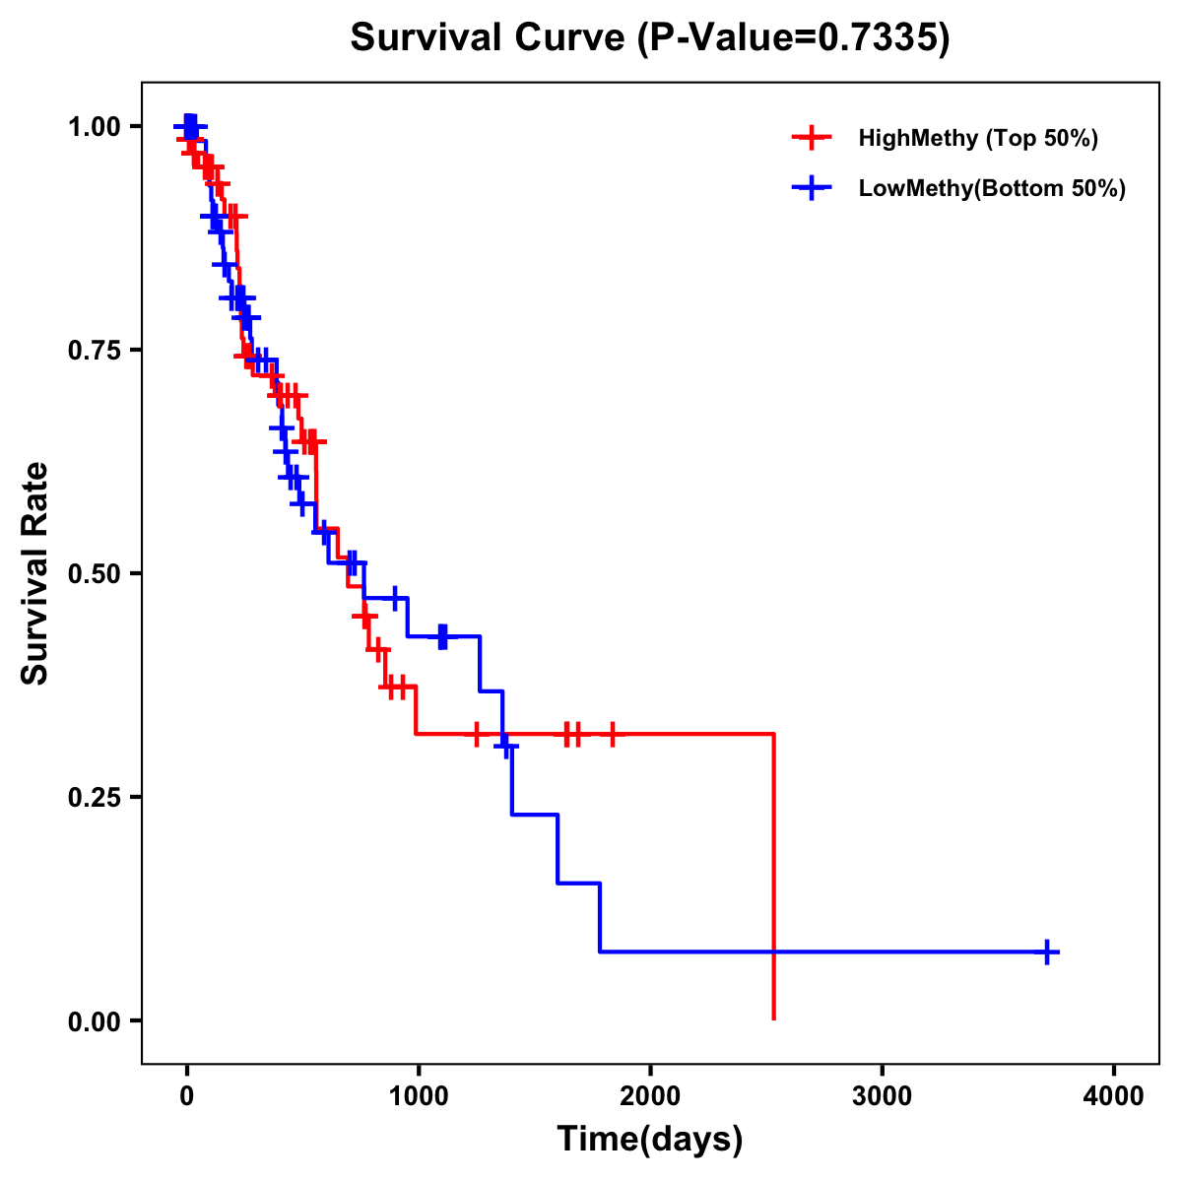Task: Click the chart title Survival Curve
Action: point(489,38)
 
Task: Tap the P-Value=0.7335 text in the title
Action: point(792,38)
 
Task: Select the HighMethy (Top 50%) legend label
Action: point(977,138)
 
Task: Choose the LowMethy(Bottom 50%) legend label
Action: point(991,188)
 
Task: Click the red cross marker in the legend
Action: point(811,138)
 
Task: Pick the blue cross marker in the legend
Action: point(811,188)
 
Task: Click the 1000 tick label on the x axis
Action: point(419,1096)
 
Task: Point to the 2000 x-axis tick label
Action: point(650,1096)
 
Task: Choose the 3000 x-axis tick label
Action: point(883,1096)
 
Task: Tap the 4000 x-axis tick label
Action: point(1114,1096)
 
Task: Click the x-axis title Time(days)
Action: point(650,1140)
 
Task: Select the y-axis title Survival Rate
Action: point(35,573)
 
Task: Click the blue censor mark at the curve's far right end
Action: point(1048,952)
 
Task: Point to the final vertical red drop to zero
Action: point(774,877)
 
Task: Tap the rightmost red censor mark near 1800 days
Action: point(612,734)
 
